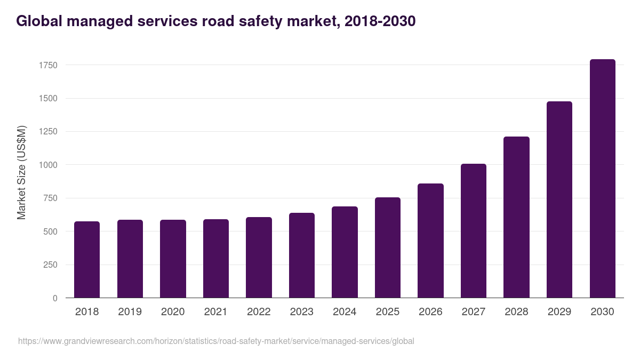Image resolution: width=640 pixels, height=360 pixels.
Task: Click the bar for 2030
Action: (x=602, y=179)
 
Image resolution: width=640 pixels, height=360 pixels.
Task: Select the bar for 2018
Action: (x=87, y=260)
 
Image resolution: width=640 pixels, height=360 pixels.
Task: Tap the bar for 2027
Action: (x=474, y=231)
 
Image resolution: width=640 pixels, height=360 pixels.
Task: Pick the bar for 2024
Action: (x=345, y=252)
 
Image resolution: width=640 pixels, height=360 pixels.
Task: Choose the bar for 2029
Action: (x=559, y=199)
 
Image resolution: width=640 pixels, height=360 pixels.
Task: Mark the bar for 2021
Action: (x=216, y=259)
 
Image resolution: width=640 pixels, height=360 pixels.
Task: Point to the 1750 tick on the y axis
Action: (x=48, y=65)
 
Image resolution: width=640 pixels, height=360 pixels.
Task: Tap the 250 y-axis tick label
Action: (x=50, y=265)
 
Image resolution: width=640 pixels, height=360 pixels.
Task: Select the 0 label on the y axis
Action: (x=55, y=298)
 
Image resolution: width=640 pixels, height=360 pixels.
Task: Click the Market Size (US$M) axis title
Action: (x=21, y=172)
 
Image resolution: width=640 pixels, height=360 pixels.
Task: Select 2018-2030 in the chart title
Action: (x=380, y=21)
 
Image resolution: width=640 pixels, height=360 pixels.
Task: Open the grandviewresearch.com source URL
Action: (x=216, y=341)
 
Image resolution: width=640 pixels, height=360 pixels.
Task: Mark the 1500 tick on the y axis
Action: (x=48, y=99)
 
